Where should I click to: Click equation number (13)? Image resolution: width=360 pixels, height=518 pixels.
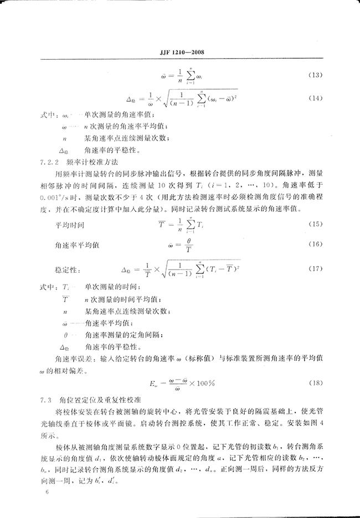[x=314, y=75]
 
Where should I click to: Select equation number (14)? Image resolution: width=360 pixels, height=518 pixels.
[x=314, y=100]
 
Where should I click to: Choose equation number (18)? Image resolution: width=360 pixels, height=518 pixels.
[x=314, y=383]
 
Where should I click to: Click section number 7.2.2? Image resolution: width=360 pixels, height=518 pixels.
[x=45, y=160]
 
